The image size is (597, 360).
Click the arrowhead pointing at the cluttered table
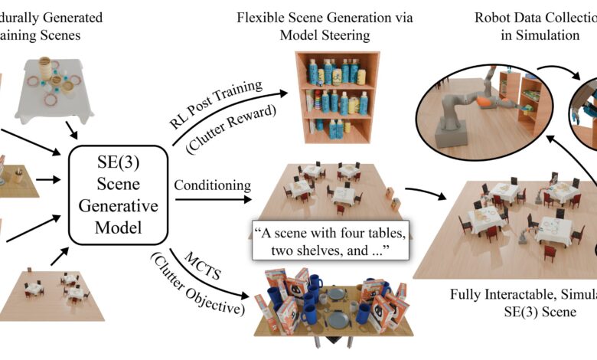click(x=246, y=296)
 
